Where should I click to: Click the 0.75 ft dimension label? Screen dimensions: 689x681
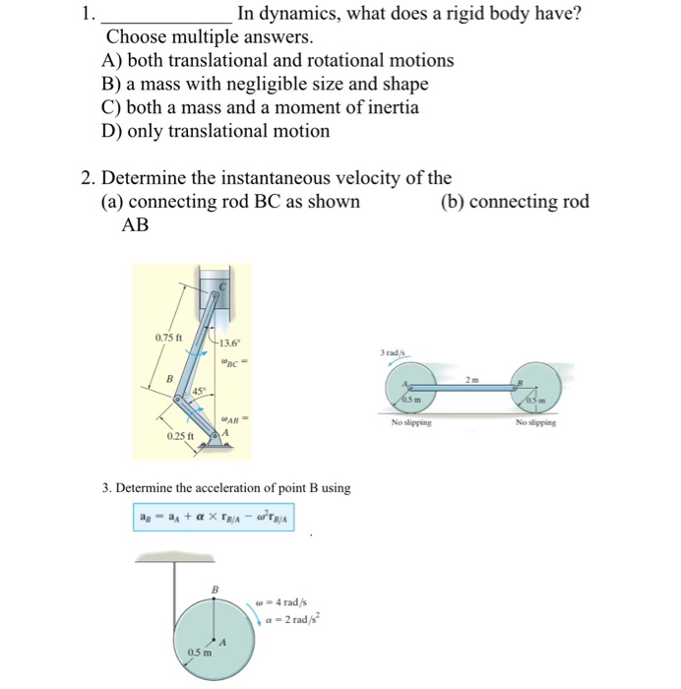tap(169, 340)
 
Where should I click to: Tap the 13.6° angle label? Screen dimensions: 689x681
tap(229, 343)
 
